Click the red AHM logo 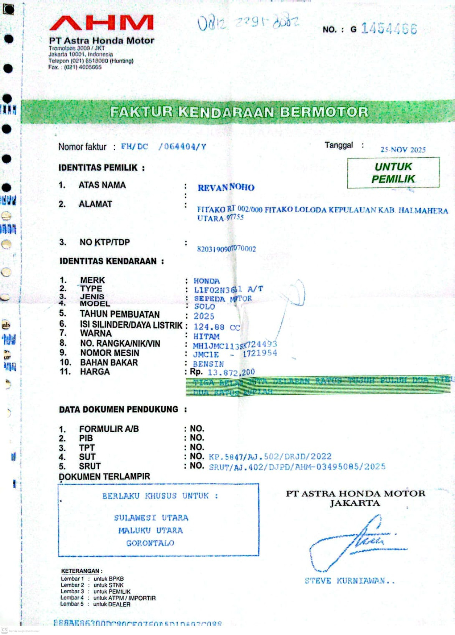click(102, 23)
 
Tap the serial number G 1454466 click(384, 29)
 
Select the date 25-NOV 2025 click(403, 150)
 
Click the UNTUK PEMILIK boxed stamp click(393, 173)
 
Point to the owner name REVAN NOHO click(226, 187)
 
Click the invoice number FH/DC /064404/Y click(163, 147)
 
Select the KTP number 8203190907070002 click(226, 249)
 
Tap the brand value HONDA click(207, 281)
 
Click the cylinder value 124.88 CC click(217, 327)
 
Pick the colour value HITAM click(207, 337)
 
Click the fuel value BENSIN click(209, 364)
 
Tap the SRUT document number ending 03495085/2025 click(297, 467)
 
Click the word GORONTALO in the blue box click(151, 543)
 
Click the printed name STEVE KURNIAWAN click(349, 581)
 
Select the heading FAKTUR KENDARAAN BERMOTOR click(239, 112)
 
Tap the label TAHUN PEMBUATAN click(120, 314)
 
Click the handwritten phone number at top click(248, 23)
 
